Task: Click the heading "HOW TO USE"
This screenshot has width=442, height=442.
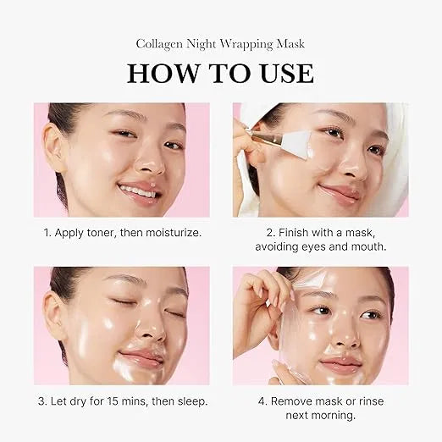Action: tap(220, 73)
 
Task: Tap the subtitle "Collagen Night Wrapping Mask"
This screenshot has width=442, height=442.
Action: tap(220, 44)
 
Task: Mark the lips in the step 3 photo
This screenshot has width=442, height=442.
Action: tap(141, 358)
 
